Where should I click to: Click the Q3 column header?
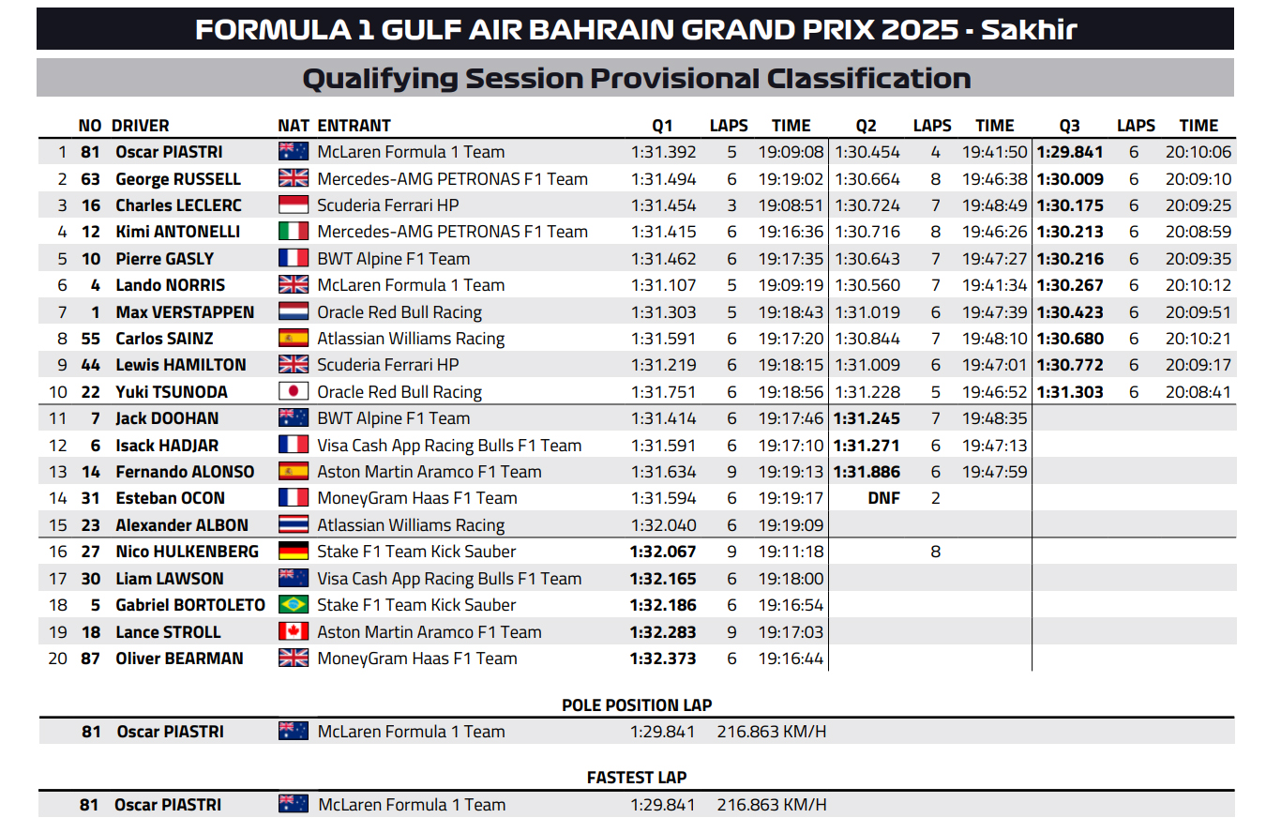click(1069, 126)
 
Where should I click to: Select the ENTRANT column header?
click(354, 126)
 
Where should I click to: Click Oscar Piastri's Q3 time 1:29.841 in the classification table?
click(1069, 152)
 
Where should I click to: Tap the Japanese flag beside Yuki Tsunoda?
click(294, 392)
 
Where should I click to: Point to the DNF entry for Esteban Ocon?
click(883, 498)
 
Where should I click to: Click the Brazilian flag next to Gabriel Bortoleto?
click(294, 605)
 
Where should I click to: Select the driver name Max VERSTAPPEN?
click(185, 312)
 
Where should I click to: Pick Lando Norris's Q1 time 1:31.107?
click(663, 285)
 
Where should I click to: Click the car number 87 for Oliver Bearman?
click(90, 659)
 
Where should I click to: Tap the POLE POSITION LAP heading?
click(636, 705)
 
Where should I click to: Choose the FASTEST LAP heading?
click(636, 778)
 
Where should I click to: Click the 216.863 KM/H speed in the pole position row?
click(772, 732)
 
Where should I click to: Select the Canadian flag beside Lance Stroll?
click(294, 632)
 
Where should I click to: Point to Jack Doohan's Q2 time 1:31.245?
click(866, 418)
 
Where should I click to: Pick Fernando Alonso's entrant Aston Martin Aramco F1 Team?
click(429, 472)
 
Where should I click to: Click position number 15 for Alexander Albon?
click(58, 525)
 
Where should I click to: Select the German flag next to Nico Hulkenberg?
click(294, 552)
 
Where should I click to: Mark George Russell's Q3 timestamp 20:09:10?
click(1198, 179)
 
